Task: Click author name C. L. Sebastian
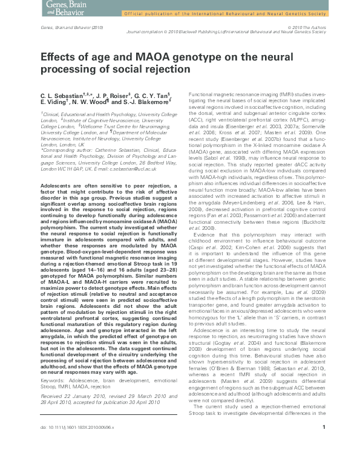coord(62,96)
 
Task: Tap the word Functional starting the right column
coord(203,96)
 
